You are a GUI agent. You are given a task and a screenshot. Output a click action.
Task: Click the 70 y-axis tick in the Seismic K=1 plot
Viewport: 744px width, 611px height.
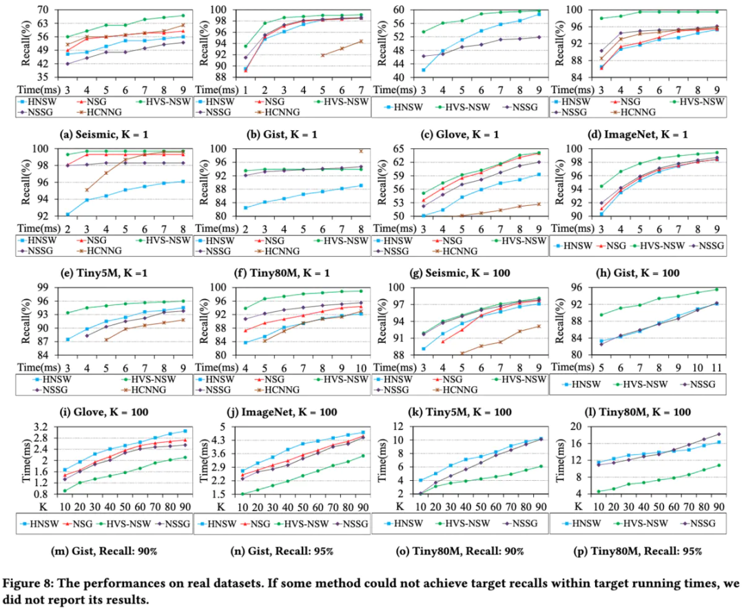(30, 10)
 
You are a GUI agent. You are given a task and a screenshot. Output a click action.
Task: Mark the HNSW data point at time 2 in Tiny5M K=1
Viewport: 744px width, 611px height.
(68, 214)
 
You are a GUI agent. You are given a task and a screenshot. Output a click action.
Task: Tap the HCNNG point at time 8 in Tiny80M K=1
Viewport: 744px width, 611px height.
(360, 150)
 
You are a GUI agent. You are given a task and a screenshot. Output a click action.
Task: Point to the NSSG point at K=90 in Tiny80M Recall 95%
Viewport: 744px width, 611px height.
(718, 435)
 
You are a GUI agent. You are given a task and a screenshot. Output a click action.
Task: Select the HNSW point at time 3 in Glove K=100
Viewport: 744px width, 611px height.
(68, 339)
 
